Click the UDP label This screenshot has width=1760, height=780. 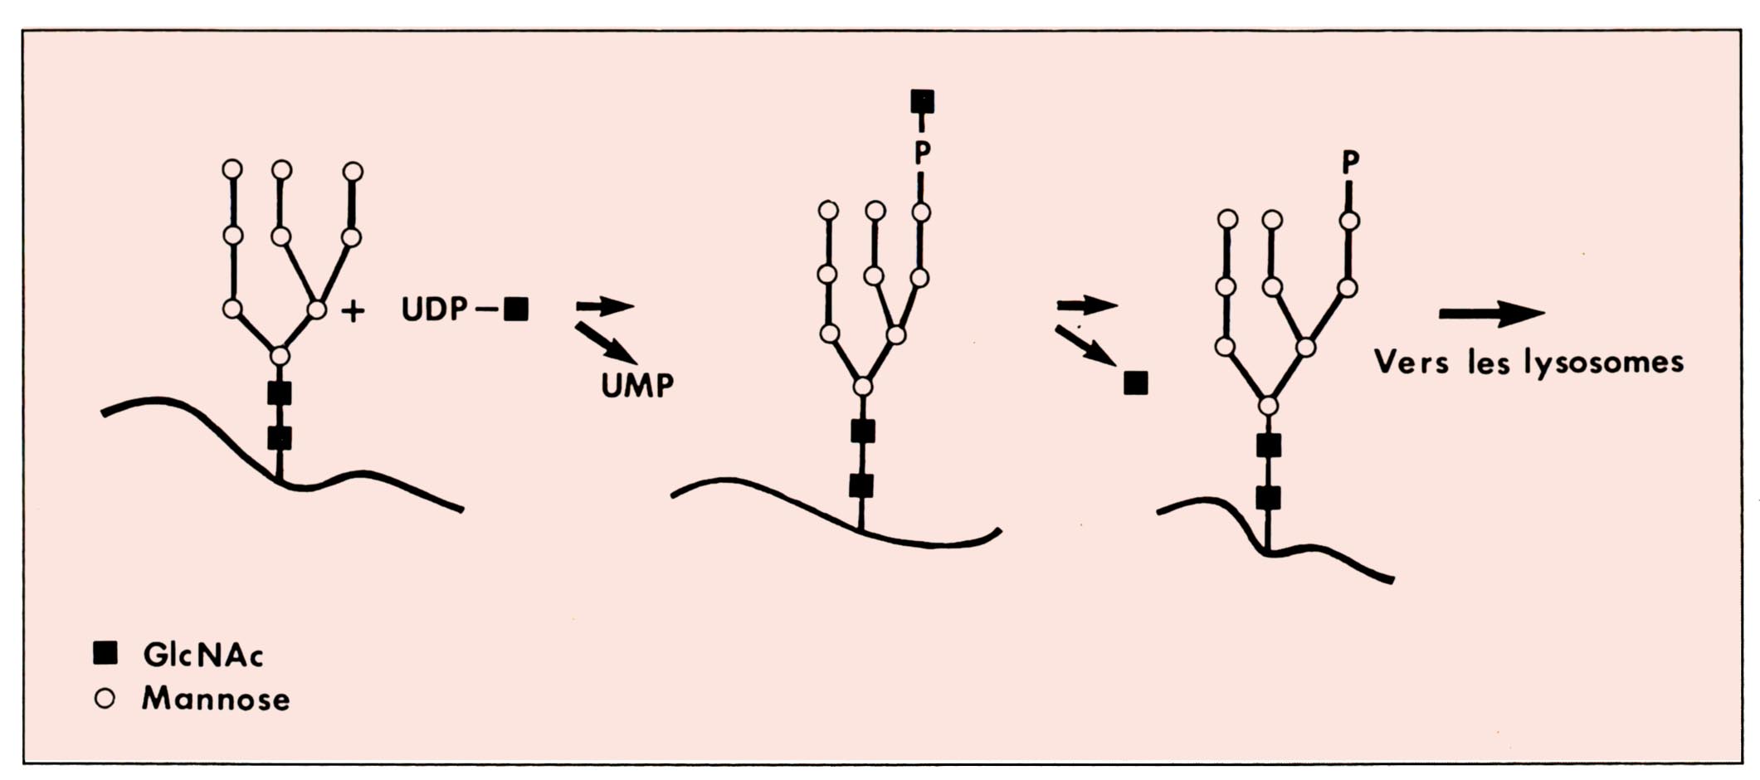(434, 310)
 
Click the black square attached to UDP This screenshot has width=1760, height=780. (516, 310)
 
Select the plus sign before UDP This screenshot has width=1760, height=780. (353, 311)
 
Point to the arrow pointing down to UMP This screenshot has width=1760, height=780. (606, 343)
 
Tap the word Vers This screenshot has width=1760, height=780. (1411, 362)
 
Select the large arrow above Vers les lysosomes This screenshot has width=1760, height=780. (1491, 314)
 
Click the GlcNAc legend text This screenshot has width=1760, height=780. (203, 656)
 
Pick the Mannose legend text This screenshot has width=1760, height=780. (216, 699)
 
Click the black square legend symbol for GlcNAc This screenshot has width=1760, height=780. (105, 654)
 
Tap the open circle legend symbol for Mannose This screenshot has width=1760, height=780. (105, 699)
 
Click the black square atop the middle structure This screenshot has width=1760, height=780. (922, 101)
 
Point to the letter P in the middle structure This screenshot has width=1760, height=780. (922, 153)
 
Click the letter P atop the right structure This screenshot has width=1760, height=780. (1350, 163)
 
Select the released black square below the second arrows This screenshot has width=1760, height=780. (1135, 383)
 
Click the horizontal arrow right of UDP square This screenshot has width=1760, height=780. (605, 306)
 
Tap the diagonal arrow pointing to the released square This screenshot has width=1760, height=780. (1085, 345)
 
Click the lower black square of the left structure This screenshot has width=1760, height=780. (280, 438)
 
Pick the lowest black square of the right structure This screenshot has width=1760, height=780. (1268, 498)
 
